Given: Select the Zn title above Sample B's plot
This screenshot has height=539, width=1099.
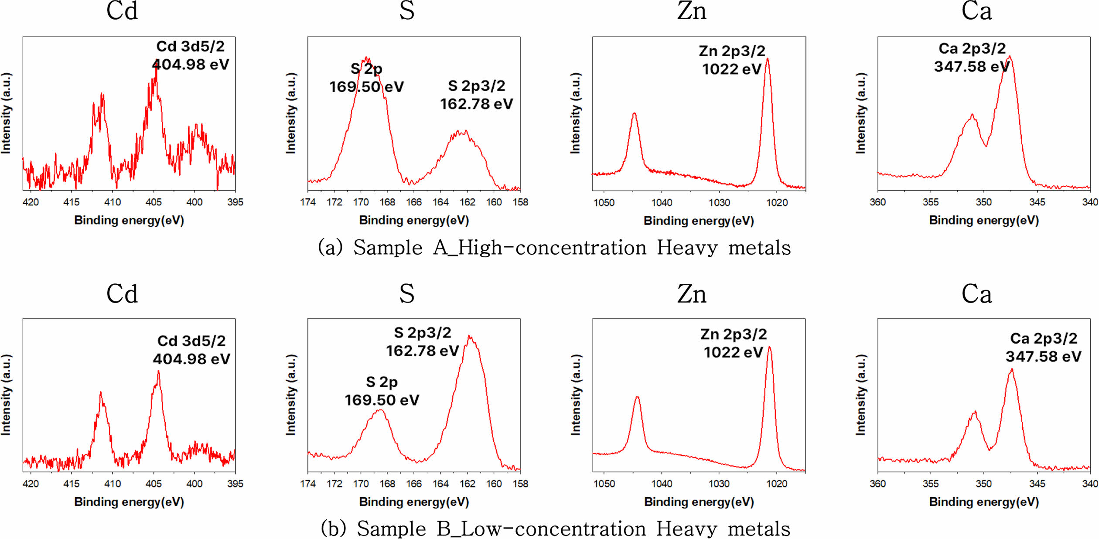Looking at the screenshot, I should (692, 294).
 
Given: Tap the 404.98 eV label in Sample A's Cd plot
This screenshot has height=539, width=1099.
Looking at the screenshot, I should (190, 65).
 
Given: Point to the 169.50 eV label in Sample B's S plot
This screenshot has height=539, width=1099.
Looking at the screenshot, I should (382, 400).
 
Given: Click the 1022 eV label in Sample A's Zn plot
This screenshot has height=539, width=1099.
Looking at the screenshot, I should (731, 69).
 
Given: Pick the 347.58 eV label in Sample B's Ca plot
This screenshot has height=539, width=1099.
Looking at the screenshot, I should (1043, 356).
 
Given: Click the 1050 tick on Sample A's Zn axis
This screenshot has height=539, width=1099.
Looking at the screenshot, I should (604, 202).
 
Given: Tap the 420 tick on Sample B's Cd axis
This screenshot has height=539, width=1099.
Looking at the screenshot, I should (31, 484).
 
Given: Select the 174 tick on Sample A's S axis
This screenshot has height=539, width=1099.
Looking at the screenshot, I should (308, 202).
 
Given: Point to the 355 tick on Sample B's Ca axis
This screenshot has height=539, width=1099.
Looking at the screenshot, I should (931, 484).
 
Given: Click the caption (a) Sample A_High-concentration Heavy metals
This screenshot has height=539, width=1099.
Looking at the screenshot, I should (554, 248).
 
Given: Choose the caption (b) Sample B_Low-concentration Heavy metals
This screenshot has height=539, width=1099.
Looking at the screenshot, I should (555, 529).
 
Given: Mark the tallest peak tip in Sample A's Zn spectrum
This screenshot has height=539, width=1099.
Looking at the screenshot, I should (768, 59).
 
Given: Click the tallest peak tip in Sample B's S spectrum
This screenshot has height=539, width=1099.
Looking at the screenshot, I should (469, 336).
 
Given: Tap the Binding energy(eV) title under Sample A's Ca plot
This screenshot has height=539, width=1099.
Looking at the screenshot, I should (984, 220).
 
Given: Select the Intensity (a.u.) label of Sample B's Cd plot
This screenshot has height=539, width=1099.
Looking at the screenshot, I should (6, 395).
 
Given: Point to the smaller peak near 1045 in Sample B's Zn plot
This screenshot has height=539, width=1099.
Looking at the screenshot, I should (637, 397).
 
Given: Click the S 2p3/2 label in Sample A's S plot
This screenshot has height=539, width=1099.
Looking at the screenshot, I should (476, 86).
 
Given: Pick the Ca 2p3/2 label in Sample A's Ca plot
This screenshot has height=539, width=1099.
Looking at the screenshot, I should (972, 48).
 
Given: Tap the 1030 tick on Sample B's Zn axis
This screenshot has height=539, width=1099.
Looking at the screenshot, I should (719, 484).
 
